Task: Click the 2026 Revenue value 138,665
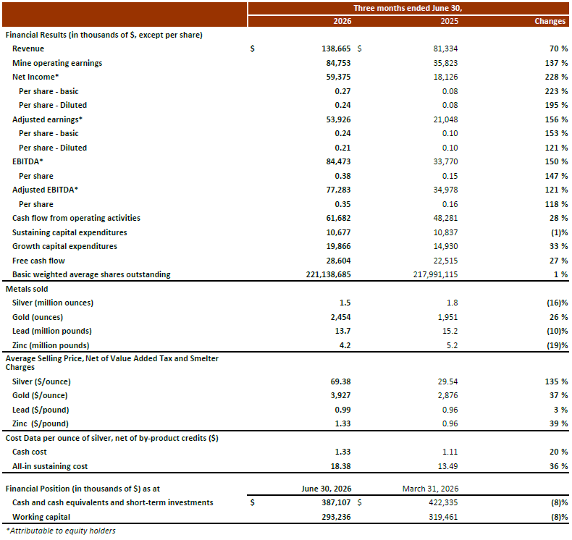point(336,48)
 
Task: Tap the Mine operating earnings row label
point(57,63)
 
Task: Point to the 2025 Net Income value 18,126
point(445,77)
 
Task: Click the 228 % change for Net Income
point(556,77)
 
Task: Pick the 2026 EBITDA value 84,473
point(338,161)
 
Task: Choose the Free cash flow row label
point(38,261)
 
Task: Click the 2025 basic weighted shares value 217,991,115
point(436,274)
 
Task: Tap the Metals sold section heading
point(27,289)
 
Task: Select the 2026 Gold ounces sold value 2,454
point(341,317)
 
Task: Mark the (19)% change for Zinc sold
point(558,345)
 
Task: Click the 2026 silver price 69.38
point(341,381)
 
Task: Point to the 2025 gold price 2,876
point(448,395)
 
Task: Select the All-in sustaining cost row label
point(50,466)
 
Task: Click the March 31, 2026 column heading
point(431,489)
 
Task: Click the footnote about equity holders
point(61,531)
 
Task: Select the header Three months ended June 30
point(408,8)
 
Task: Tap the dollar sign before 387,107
point(253,502)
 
